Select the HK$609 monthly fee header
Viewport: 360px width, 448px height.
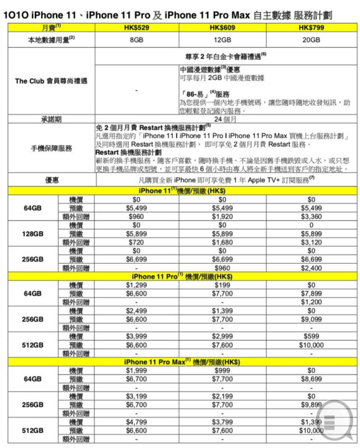pos(222,28)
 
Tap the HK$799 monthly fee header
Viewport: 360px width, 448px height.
pos(310,28)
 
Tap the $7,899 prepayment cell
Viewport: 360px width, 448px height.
pos(310,292)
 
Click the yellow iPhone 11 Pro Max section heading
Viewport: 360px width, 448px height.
pos(179,361)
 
